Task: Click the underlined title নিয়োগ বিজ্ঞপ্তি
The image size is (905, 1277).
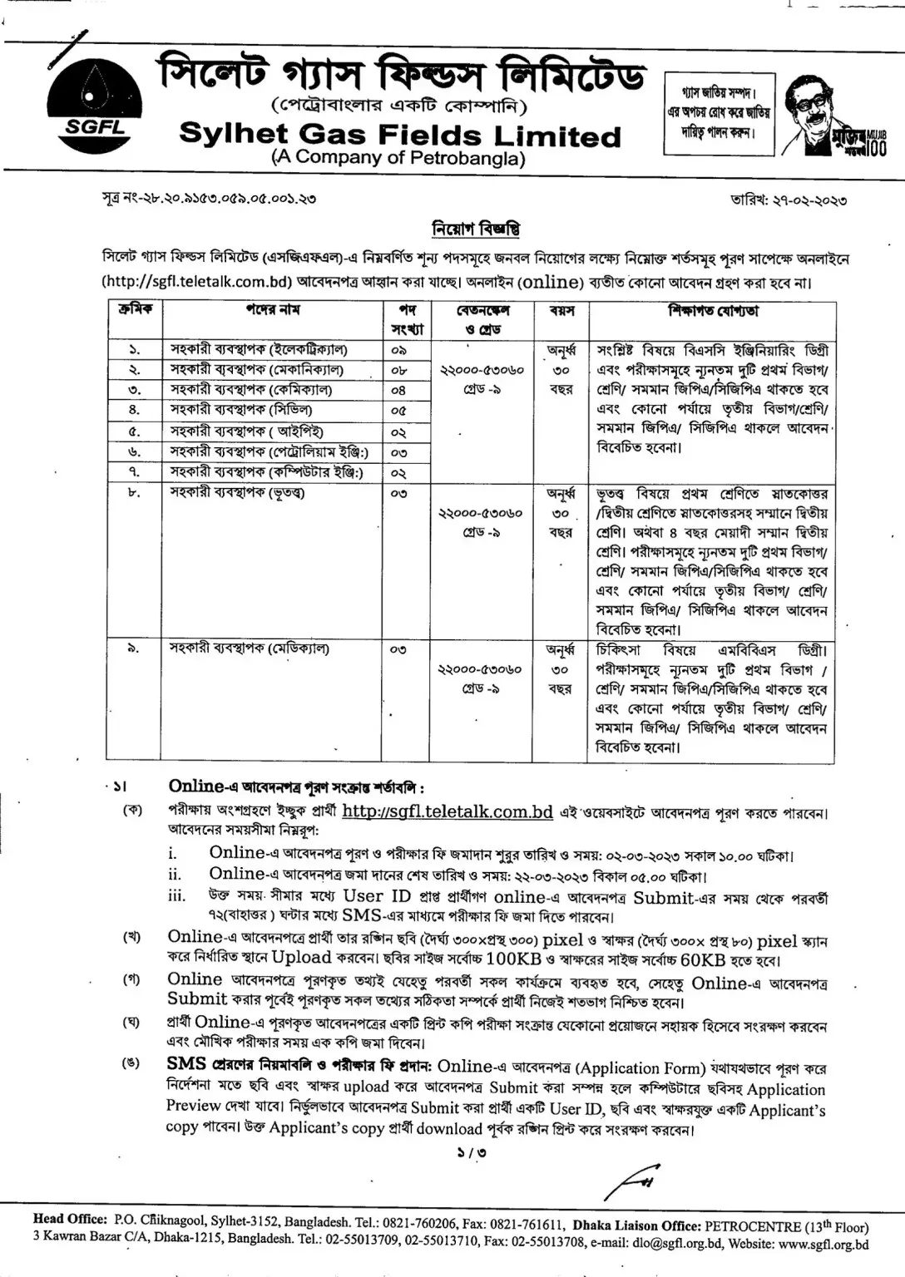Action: click(x=476, y=228)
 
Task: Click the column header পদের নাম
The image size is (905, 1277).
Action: click(x=272, y=310)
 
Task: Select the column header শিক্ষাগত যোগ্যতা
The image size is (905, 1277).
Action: click(x=713, y=311)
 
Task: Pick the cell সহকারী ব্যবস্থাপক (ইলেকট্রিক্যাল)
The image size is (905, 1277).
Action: click(x=259, y=349)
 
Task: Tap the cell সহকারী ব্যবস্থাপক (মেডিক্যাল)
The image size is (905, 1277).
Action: click(x=250, y=648)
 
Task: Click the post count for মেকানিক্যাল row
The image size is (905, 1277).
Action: click(x=398, y=370)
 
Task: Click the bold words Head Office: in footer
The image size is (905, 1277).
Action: click(x=70, y=1220)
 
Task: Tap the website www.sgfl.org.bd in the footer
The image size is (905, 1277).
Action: click(x=823, y=1245)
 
